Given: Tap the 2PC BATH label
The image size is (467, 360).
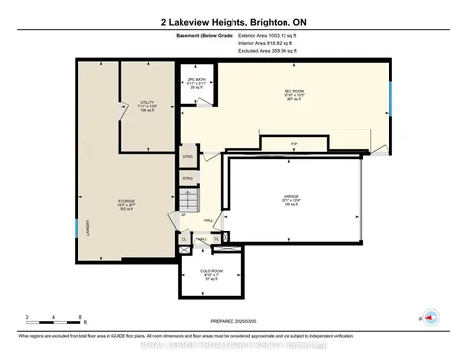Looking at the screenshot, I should (193, 83).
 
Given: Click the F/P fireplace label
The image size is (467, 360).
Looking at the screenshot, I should (293, 144).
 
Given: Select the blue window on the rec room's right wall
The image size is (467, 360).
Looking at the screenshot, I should (390, 98).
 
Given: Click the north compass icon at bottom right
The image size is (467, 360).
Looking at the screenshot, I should (427, 319).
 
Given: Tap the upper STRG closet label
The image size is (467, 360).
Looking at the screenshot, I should (188, 155).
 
